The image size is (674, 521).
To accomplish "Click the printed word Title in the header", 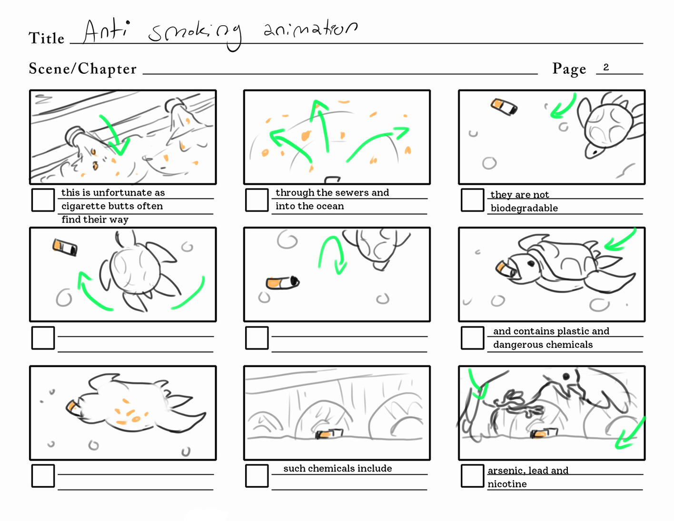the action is click(x=47, y=38).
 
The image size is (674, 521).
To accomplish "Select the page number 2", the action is click(x=606, y=67).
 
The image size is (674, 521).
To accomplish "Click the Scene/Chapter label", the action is click(x=82, y=69).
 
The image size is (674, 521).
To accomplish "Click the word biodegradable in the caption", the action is click(x=524, y=208).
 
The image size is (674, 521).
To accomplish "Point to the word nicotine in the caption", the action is click(x=507, y=484).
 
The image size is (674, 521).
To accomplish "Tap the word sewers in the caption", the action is click(x=347, y=193).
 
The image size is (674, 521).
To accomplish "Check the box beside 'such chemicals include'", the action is click(x=257, y=476).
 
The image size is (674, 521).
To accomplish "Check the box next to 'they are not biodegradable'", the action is click(x=472, y=200).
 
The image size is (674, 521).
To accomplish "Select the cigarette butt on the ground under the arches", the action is click(x=329, y=433).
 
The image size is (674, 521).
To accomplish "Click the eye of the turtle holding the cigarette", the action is click(x=531, y=264).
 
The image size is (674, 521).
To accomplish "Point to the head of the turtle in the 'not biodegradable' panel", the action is click(x=594, y=151).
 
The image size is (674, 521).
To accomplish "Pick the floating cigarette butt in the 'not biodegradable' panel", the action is click(x=504, y=107).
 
